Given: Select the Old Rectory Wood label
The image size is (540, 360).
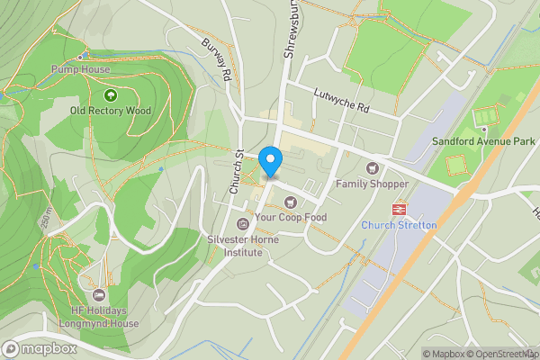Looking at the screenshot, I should (x=111, y=111).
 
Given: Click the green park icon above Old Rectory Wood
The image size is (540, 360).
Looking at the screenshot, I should (x=111, y=94).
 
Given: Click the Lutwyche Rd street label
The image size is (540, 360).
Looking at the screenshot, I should (x=341, y=99).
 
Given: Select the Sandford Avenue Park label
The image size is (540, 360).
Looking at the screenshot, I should (x=482, y=141).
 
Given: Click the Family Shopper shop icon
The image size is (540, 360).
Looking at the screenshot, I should (x=372, y=168).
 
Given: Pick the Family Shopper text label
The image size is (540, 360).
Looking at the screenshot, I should (x=372, y=184).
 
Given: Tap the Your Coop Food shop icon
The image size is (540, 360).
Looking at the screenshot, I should (x=290, y=202).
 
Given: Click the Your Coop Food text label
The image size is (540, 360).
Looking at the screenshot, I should (x=290, y=218).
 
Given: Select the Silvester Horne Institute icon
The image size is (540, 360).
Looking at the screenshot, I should (x=241, y=224).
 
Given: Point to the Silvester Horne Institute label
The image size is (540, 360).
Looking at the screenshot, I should (x=234, y=246).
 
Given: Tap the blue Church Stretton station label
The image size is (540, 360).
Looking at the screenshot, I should (x=399, y=225).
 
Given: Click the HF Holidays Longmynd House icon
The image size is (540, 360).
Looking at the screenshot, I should (x=99, y=295).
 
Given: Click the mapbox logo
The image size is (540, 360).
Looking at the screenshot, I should (x=38, y=348).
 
